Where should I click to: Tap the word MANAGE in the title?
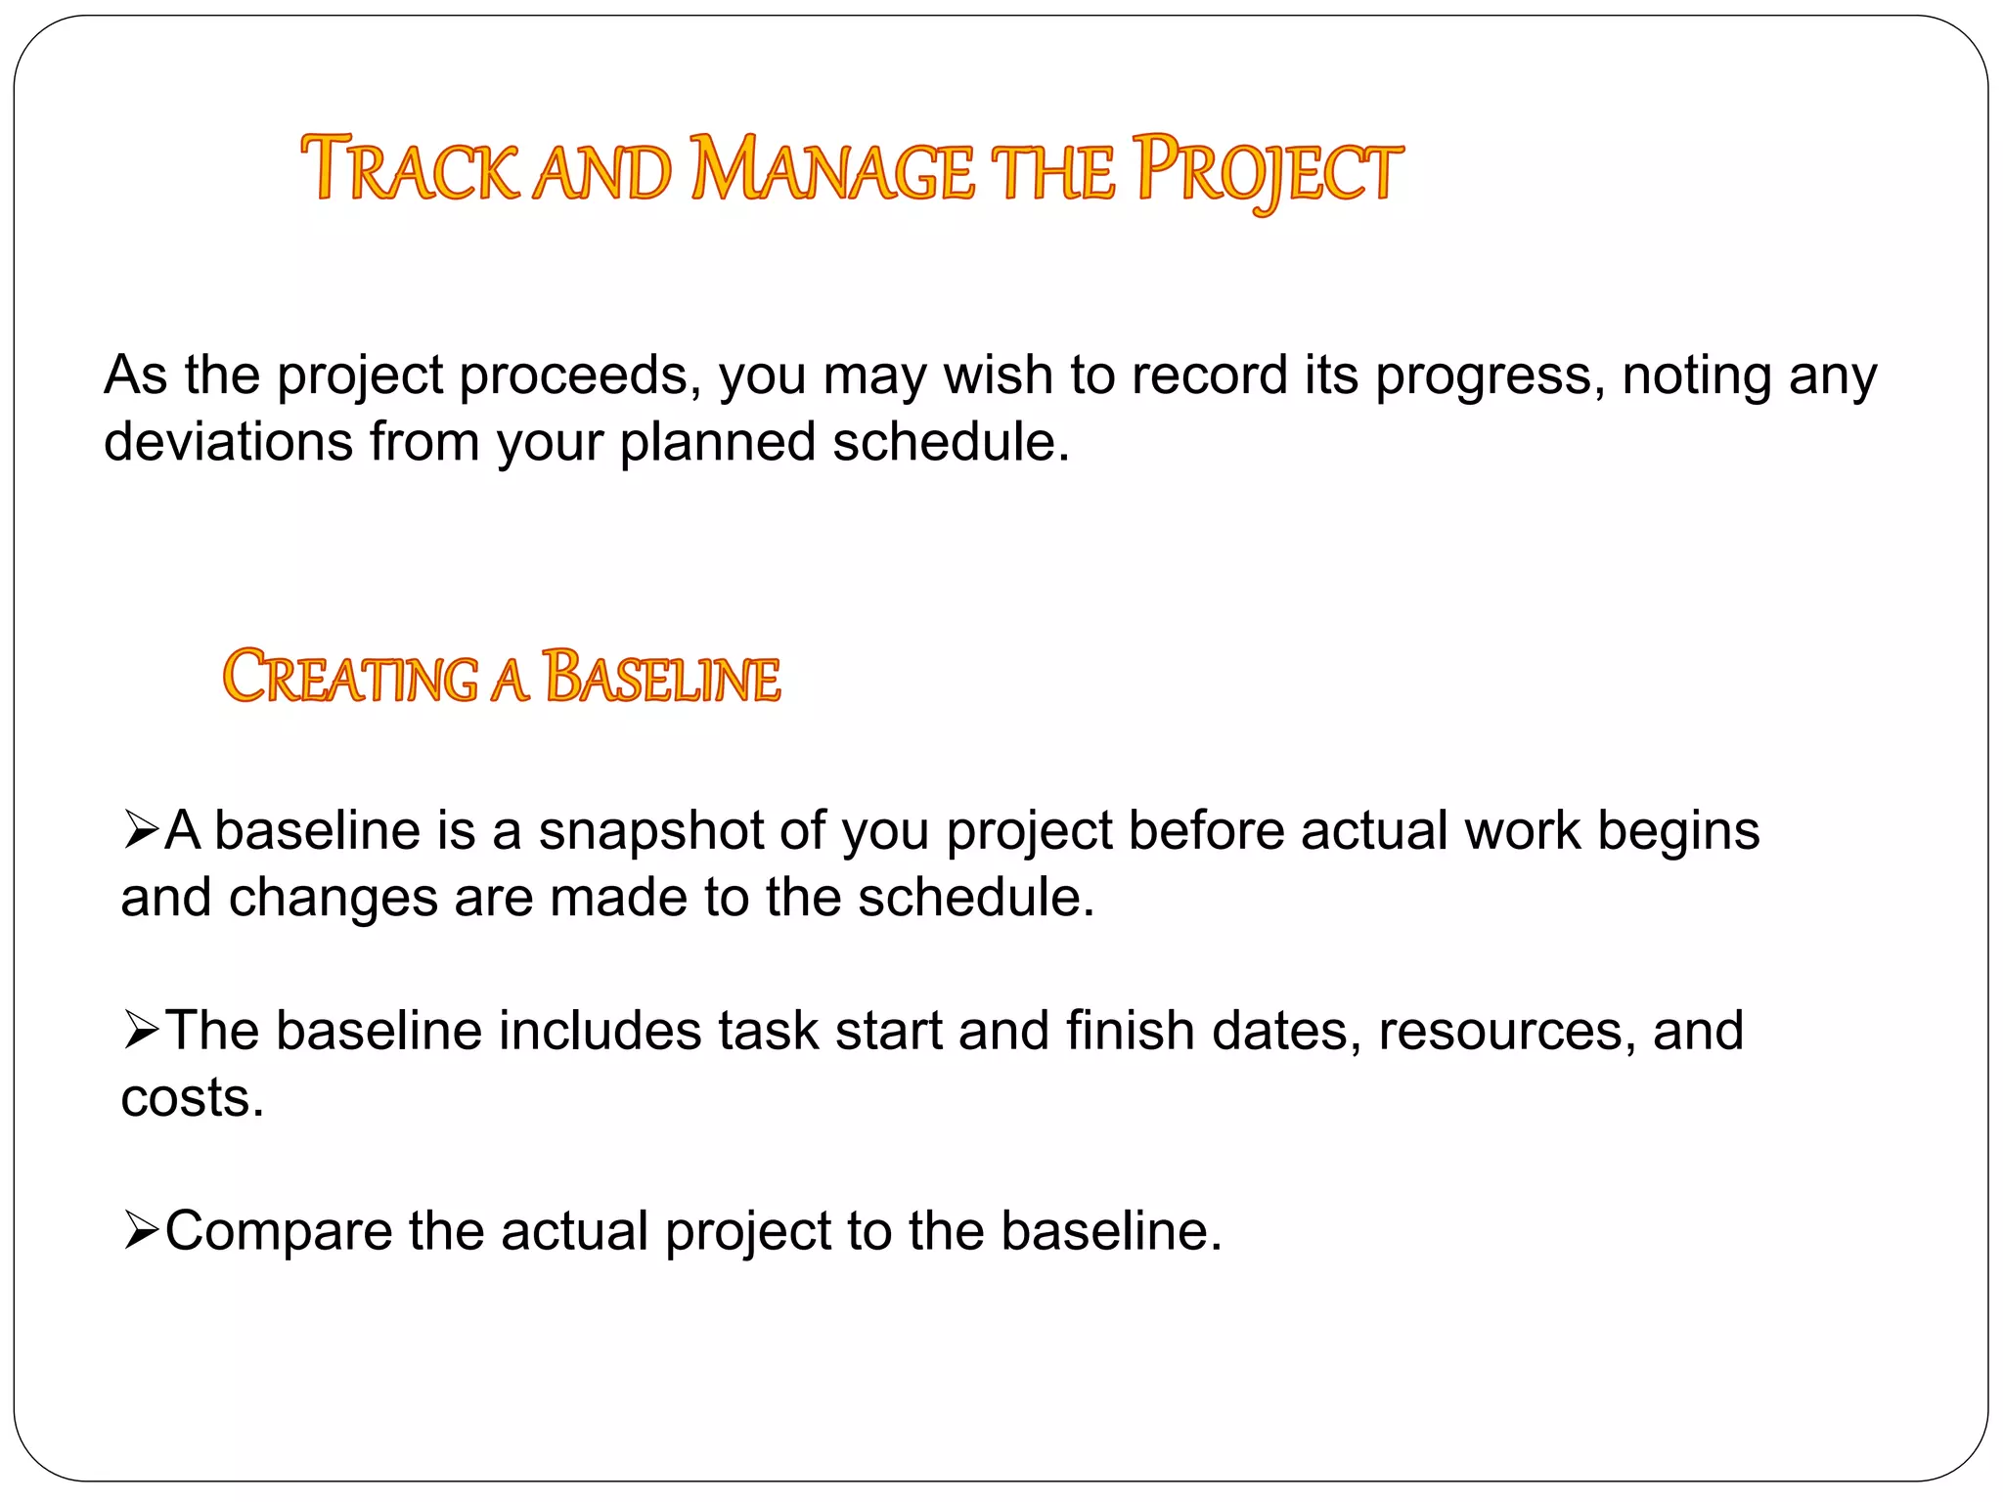831,170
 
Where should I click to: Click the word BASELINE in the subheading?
662,677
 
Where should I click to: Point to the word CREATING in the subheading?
350,677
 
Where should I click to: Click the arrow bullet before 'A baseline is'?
141,831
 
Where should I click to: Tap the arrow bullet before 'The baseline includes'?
141,1032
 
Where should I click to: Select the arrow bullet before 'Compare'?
141,1231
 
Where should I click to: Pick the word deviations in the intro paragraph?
228,442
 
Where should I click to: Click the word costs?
192,1098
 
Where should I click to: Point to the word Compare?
278,1232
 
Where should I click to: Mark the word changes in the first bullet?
333,898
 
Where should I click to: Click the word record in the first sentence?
1209,376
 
